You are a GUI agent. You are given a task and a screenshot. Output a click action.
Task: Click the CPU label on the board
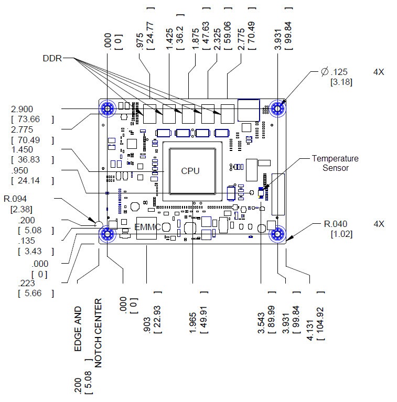pos(190,170)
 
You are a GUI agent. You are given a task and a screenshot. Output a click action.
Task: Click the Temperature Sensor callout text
pos(335,163)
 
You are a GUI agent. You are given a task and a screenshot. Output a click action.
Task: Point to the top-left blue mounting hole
pos(108,108)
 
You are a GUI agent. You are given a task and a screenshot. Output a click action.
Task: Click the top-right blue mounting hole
pos(276,108)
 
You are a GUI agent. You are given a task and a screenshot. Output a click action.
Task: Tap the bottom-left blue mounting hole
pos(108,234)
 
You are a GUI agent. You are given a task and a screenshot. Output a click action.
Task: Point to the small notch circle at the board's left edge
pos(99,224)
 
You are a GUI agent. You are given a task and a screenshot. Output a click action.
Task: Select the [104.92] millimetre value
pos(321,320)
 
